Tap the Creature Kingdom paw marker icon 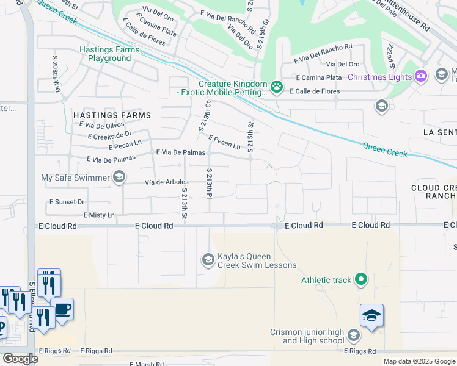pos(277,86)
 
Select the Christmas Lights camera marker pos(420,76)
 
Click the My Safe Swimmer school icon pos(119,178)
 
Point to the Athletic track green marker pos(361,280)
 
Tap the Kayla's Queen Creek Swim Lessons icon pos(208,260)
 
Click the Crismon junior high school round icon pos(353,335)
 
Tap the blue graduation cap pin pos(371,315)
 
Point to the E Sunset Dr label pos(67,201)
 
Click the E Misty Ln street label pos(99,215)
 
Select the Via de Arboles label pos(166,182)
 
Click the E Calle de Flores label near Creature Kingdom pos(314,91)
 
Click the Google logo pos(20,359)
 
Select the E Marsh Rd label pos(147,364)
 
